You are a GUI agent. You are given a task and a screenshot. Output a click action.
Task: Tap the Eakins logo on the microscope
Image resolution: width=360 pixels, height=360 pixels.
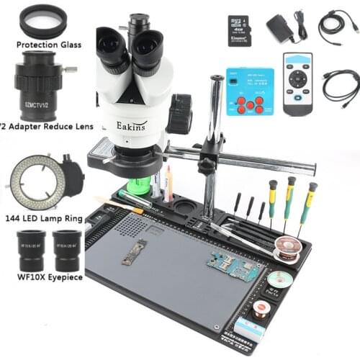coord(132,125)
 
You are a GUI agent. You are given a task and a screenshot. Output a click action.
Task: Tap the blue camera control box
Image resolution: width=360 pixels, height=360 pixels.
coord(250,91)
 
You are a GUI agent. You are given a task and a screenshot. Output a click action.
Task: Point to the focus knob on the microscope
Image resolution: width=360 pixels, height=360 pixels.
coord(180,112)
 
